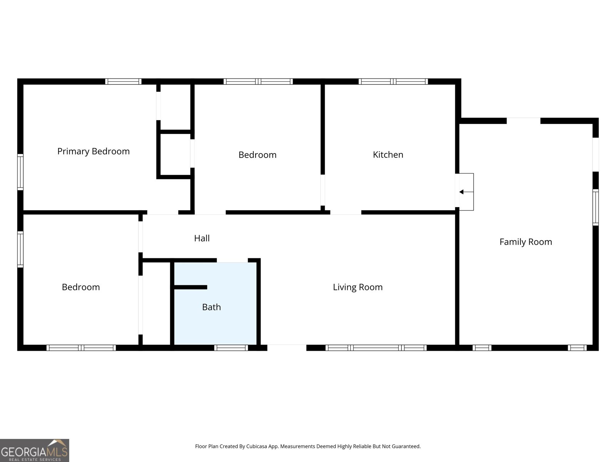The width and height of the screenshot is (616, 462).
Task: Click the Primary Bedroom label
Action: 94,151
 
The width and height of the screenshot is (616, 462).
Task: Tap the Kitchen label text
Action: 388,154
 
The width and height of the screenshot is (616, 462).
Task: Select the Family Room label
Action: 526,242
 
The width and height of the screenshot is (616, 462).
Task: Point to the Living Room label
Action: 358,287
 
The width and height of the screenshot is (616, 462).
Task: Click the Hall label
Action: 202,238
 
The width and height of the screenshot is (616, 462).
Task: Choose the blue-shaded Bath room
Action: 215,303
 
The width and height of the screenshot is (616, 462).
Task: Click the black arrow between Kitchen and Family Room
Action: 466,192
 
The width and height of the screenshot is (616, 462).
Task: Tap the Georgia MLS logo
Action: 35,450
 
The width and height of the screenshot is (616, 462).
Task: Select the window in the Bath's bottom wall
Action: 231,348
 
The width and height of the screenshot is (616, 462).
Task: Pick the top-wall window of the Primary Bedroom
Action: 123,82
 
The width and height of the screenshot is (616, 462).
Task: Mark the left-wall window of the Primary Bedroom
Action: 20,172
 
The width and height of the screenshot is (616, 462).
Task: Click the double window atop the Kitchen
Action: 393,82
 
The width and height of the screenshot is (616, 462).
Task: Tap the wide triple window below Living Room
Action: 376,348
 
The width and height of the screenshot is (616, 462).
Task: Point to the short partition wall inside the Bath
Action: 191,287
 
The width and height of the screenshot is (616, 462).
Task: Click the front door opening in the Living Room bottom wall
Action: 287,348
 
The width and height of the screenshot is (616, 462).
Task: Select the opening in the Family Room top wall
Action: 523,121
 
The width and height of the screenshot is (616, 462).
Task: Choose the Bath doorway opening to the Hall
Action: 232,260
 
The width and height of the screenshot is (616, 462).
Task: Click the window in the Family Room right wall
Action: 596,207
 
